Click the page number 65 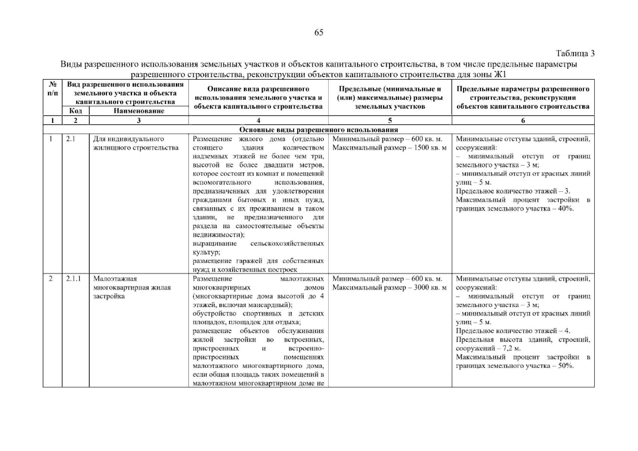coord(318,33)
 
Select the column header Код coord(76,111)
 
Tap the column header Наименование coord(139,111)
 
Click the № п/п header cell coord(53,89)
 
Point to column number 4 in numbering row coord(258,121)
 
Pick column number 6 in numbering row coord(523,121)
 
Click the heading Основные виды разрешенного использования coord(318,130)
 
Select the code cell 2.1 coord(71,139)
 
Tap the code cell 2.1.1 coord(73,279)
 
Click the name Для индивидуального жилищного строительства coord(135,144)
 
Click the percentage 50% coord(565,366)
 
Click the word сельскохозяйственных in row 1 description coord(287,244)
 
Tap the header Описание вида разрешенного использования coord(258,98)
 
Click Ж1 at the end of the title coord(500,74)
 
